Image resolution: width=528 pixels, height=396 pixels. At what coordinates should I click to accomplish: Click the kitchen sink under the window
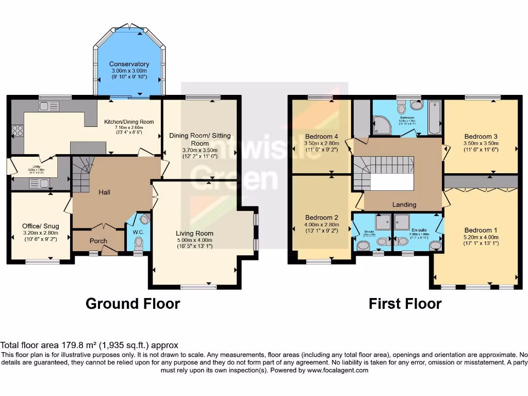pyautogui.click(x=49, y=106)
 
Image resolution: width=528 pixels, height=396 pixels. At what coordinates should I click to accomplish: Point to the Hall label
pyautogui.click(x=105, y=192)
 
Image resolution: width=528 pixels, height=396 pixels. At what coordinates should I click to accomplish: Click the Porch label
pyautogui.click(x=98, y=241)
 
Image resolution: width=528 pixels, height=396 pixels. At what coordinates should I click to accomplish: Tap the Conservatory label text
pyautogui.click(x=129, y=64)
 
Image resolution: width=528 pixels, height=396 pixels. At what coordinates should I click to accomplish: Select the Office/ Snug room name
pyautogui.click(x=40, y=226)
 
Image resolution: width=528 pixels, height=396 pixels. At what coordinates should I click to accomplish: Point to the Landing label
pyautogui.click(x=404, y=205)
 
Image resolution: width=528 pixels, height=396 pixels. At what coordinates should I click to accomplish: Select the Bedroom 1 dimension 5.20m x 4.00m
pyautogui.click(x=481, y=238)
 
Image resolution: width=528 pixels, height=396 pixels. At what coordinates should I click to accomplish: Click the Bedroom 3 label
pyautogui.click(x=481, y=137)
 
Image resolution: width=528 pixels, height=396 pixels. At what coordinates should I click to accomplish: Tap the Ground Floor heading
pyautogui.click(x=133, y=304)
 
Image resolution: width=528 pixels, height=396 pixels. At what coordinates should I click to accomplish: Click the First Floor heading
pyautogui.click(x=405, y=304)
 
